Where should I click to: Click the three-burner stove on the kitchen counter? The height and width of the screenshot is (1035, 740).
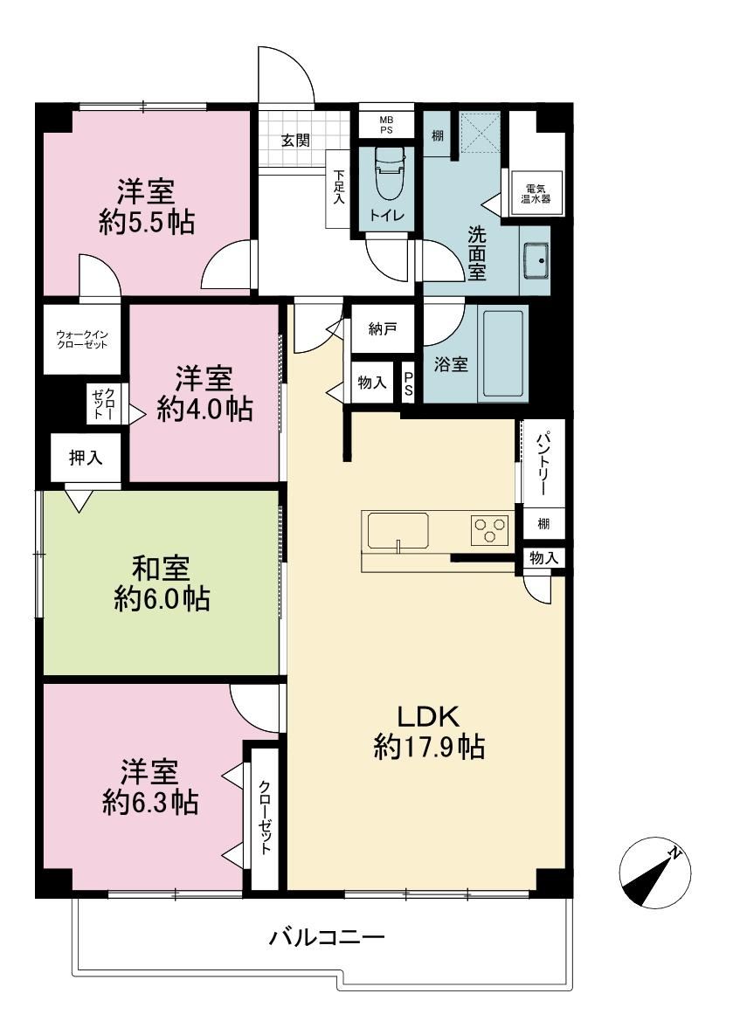pos(489,529)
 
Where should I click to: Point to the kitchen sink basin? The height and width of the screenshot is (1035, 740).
pos(398,530)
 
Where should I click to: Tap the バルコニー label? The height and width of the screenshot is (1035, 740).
pos(326,937)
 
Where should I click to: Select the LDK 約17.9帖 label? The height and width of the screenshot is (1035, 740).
pos(428,732)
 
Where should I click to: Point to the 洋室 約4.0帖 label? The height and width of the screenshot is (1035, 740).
pos(204,394)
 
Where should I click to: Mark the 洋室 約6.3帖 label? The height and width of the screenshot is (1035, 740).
pos(150,787)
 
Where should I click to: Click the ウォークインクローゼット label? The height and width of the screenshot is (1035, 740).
pos(82,339)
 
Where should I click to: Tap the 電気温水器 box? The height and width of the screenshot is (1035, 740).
pos(536,193)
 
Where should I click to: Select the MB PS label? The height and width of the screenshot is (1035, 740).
pos(386,125)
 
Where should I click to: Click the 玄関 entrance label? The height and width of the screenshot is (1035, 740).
pos(295,140)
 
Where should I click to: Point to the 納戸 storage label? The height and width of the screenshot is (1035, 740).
pos(382,328)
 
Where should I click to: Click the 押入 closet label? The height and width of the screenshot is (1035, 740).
pos(86,458)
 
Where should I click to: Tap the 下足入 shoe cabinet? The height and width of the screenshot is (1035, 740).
pos(339,188)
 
